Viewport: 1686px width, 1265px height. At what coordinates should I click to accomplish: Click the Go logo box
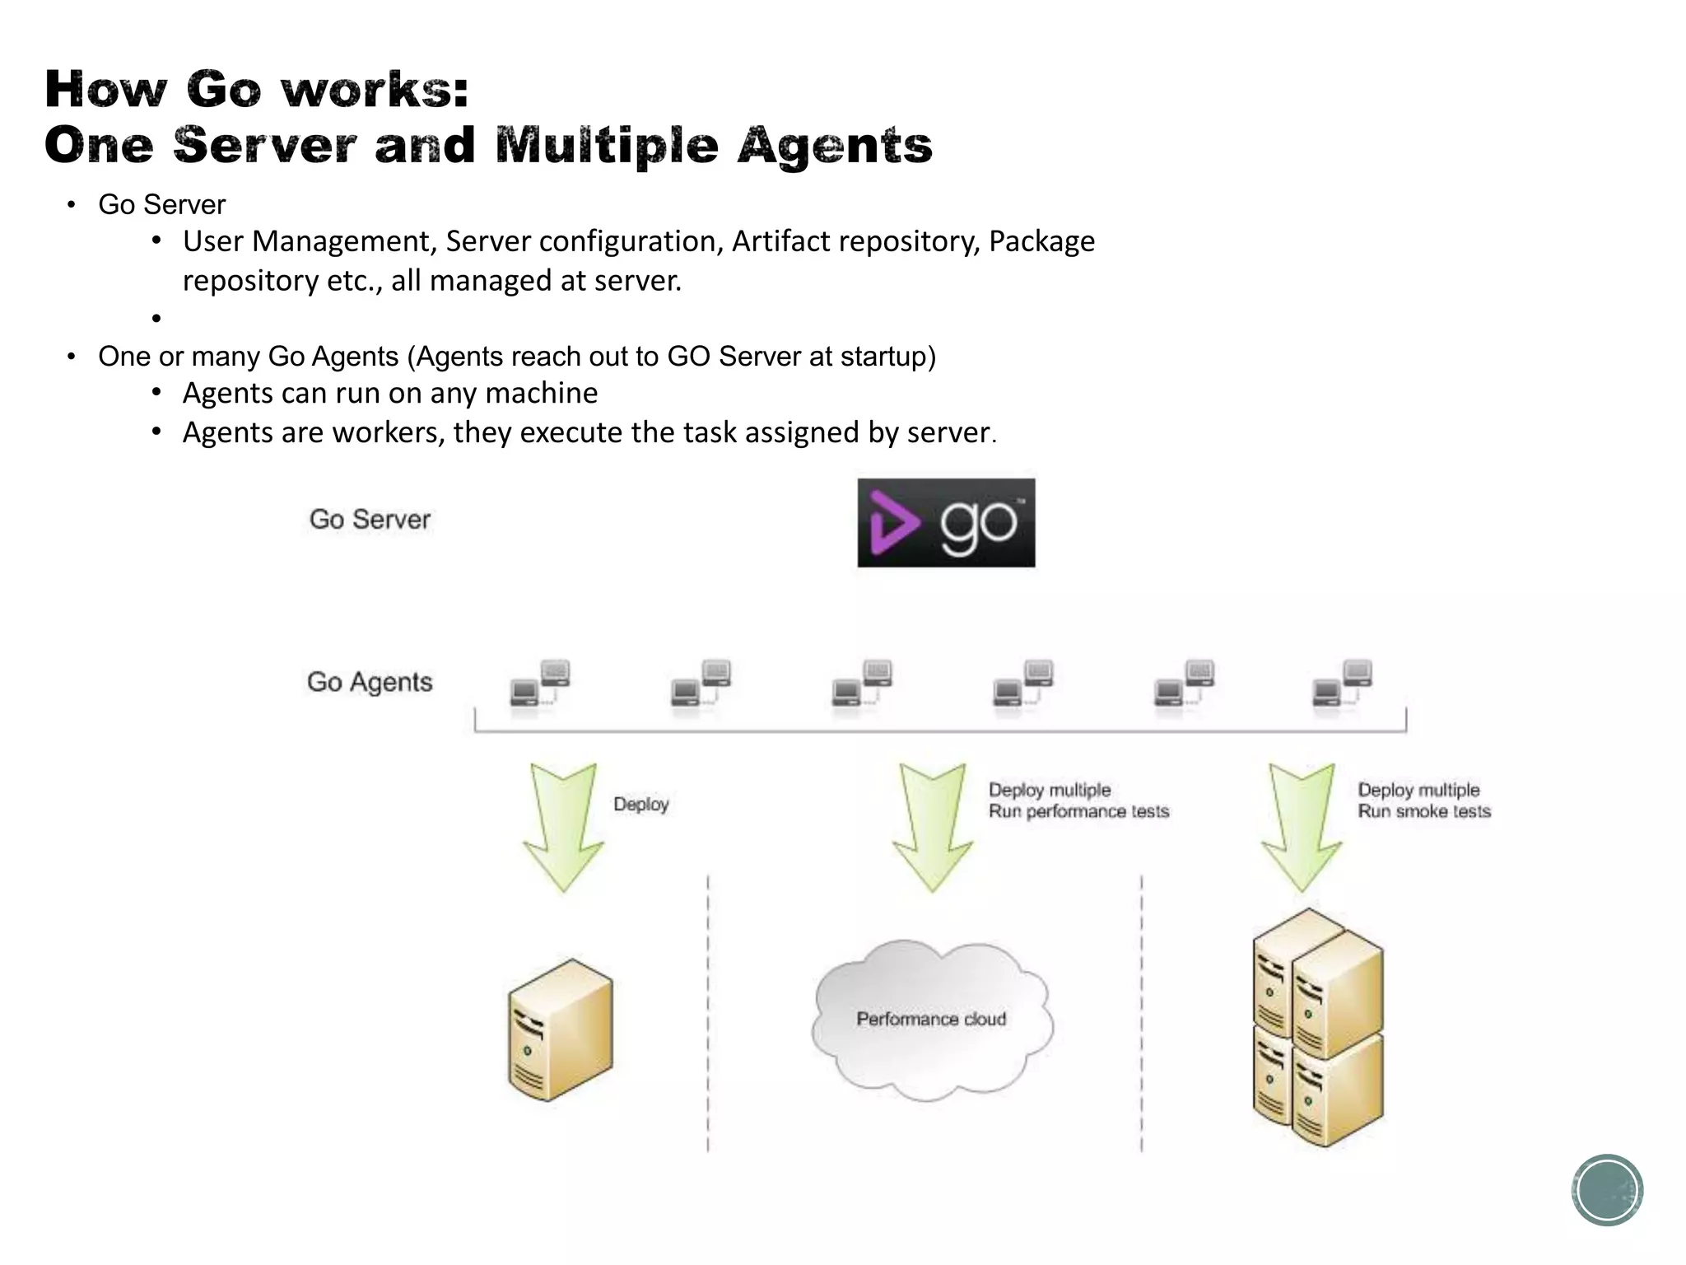946,523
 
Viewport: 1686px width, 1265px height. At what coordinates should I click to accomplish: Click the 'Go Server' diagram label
370,520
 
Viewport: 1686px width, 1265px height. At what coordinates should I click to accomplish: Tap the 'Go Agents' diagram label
370,682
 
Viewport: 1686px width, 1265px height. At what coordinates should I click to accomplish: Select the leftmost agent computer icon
539,684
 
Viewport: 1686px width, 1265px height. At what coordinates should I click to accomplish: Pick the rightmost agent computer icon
1342,684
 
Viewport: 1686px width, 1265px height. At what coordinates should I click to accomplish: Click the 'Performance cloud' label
931,1020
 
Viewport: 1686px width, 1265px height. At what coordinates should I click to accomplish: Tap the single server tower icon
560,1030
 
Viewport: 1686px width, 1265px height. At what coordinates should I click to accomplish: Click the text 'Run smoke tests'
1424,812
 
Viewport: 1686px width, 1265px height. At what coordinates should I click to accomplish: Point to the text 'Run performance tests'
1078,812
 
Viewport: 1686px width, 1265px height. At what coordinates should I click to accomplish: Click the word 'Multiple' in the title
607,147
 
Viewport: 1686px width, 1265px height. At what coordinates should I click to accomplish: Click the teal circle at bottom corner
1607,1190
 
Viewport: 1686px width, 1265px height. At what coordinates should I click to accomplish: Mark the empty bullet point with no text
156,318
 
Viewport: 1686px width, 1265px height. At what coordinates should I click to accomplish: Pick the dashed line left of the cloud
708,1013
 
